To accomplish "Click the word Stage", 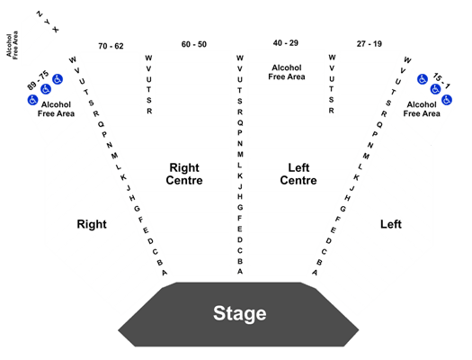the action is pyautogui.click(x=240, y=313).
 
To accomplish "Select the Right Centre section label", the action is pyautogui.click(x=184, y=174).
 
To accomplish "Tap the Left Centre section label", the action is pyautogui.click(x=298, y=174).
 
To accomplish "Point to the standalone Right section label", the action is pyautogui.click(x=92, y=224).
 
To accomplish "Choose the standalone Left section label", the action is pyautogui.click(x=391, y=224).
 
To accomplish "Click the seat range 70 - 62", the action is pyautogui.click(x=111, y=46).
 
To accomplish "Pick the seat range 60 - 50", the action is pyautogui.click(x=194, y=44).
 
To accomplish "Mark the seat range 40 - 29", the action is pyautogui.click(x=286, y=43).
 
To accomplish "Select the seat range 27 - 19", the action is pyautogui.click(x=370, y=44).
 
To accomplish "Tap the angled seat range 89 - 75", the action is pyautogui.click(x=38, y=80).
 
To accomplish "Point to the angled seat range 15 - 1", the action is pyautogui.click(x=441, y=81).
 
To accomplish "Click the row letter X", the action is pyautogui.click(x=56, y=30).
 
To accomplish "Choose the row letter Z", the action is pyautogui.click(x=40, y=13).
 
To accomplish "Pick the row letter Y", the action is pyautogui.click(x=47, y=22).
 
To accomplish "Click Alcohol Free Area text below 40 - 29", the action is pyautogui.click(x=287, y=72).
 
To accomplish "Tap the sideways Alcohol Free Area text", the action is pyautogui.click(x=13, y=45).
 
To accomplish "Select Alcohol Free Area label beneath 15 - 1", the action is pyautogui.click(x=422, y=109).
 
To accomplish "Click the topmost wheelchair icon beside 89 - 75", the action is pyautogui.click(x=58, y=79).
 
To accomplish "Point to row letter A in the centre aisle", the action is pyautogui.click(x=240, y=272).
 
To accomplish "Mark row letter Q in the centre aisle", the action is pyautogui.click(x=240, y=122).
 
